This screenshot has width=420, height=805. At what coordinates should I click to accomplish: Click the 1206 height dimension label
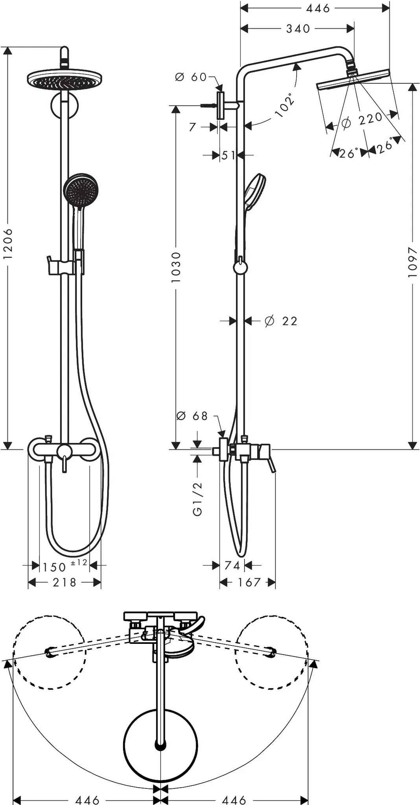tap(8, 243)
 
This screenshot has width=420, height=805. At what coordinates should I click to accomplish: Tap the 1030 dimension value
tap(176, 267)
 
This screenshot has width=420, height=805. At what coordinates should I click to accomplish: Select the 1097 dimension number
tap(412, 262)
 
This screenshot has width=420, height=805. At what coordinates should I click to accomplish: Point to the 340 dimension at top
tap(298, 29)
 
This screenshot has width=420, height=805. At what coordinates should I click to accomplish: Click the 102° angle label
tap(285, 105)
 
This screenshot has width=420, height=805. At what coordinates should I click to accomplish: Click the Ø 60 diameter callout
tap(191, 77)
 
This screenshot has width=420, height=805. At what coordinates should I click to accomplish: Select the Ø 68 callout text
tap(192, 415)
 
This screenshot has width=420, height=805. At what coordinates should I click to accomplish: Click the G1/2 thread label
tap(197, 499)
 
